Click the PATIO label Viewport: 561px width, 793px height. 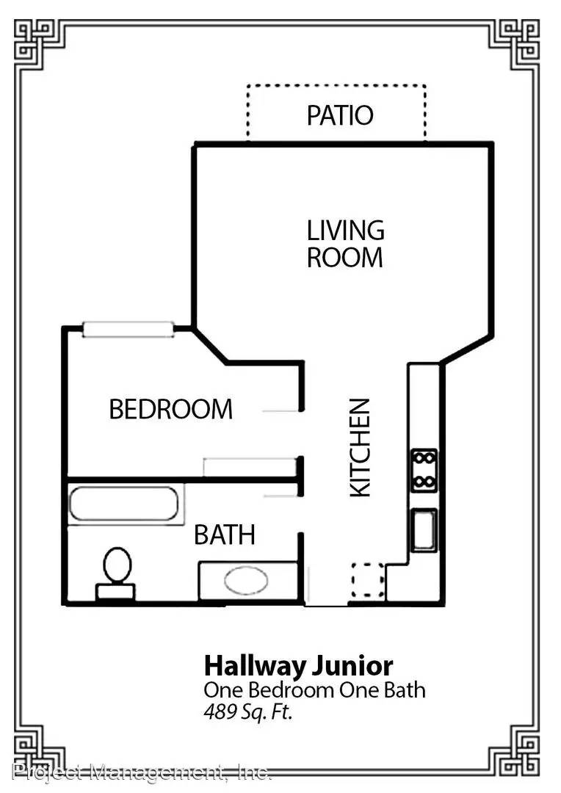pos(340,115)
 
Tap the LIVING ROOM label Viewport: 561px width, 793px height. pos(346,244)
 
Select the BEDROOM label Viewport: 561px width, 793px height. pos(171,409)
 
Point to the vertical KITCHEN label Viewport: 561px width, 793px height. pos(361,448)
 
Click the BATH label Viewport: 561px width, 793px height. pos(225,535)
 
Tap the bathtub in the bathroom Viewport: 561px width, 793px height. pos(123,504)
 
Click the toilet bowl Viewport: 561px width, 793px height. pos(117,565)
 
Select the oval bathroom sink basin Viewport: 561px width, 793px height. pos(246,581)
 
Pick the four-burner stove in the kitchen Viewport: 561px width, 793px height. pos(424,471)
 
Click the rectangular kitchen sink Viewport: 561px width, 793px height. pos(424,530)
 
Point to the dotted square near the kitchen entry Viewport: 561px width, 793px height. pos(368,580)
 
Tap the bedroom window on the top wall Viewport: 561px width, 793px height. pos(129,329)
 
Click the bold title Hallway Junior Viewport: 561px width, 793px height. pos(298,666)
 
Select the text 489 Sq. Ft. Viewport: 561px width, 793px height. pos(248,711)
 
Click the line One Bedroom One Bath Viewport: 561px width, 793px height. pos(315,690)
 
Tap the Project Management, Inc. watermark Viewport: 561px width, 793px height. pos(142,772)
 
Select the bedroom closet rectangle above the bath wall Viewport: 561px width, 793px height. pos(250,467)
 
